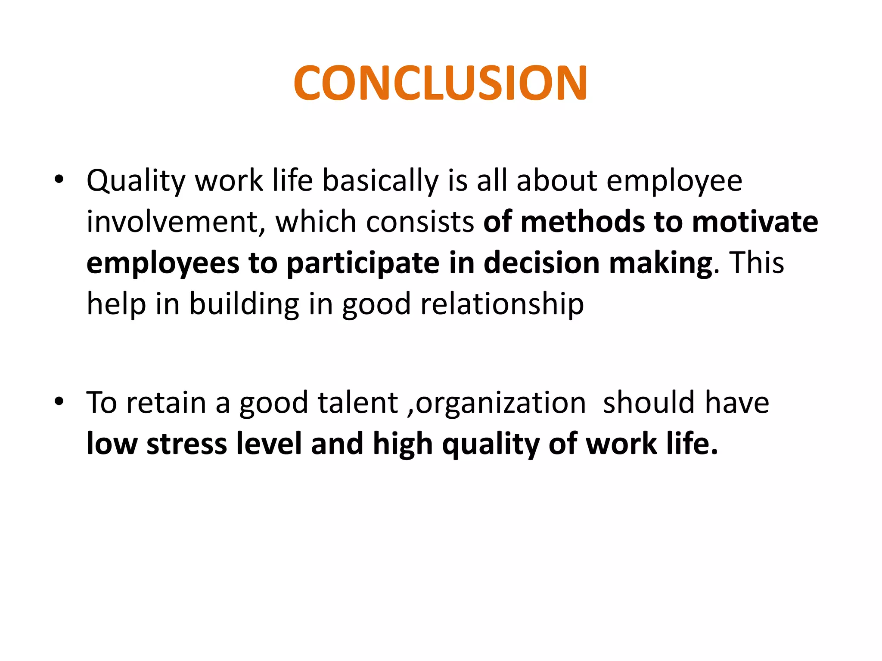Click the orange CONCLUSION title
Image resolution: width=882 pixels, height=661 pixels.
point(440,83)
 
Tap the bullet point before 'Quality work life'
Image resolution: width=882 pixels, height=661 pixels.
point(59,179)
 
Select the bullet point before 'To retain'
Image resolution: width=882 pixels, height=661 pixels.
point(59,402)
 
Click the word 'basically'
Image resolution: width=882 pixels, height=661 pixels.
point(380,181)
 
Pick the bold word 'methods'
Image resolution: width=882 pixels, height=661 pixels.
point(582,222)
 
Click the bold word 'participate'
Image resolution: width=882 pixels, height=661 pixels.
point(363,263)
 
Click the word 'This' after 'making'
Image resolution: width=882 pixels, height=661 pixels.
point(757,263)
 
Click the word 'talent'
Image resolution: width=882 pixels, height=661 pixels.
point(357,403)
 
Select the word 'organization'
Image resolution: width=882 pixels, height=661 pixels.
point(501,404)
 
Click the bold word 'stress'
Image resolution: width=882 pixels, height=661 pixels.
point(186,444)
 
